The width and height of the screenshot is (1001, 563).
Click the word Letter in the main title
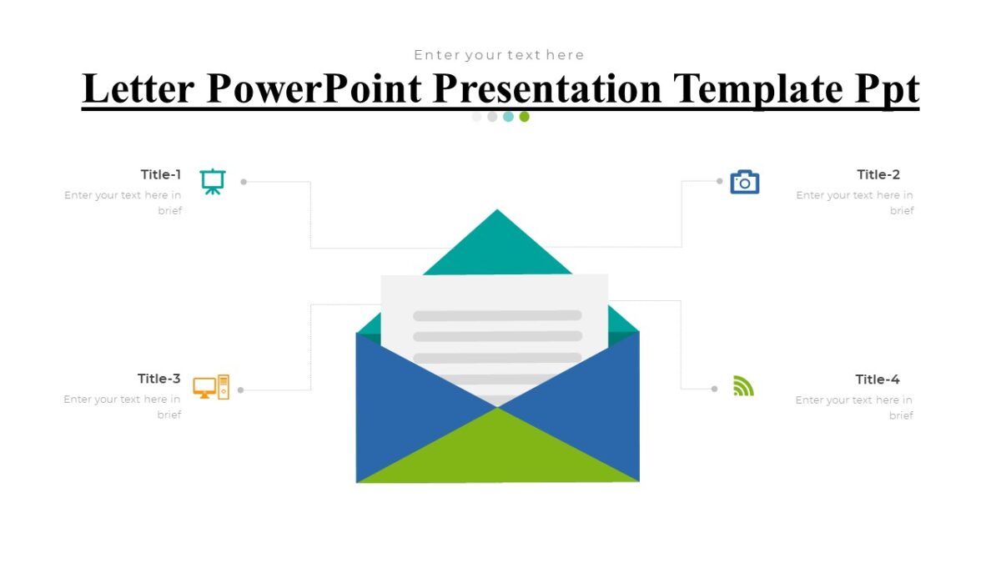coord(138,88)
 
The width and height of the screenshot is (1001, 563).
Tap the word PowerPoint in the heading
coord(314,88)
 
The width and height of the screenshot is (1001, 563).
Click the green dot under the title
coord(524,117)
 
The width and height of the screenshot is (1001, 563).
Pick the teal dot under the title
coord(508,117)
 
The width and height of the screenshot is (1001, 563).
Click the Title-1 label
coord(160,174)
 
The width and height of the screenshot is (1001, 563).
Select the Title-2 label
coord(878,174)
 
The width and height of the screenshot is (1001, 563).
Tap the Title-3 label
coord(158,379)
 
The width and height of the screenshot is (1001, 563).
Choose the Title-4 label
coord(877,380)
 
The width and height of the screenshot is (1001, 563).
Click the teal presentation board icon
coord(213,181)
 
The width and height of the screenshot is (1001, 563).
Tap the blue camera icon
coord(744,182)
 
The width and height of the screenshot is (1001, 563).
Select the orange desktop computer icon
coord(210,387)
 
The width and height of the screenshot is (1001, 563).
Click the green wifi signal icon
coord(742,385)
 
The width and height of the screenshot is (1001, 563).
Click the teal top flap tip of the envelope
coord(497,229)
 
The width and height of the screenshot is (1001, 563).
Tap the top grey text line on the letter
coord(497,315)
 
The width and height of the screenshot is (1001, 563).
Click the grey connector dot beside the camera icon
coord(719,181)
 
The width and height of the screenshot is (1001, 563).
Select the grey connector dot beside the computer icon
coord(240,390)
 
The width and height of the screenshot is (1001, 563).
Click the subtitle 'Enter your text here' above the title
coord(499,55)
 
